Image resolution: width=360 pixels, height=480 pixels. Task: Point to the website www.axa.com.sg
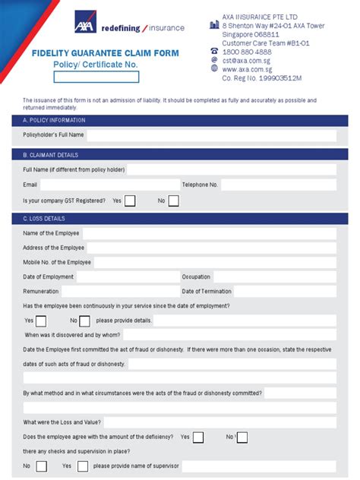[247, 68]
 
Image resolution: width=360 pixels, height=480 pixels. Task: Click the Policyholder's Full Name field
[211, 135]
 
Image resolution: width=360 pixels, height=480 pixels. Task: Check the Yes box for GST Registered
[130, 201]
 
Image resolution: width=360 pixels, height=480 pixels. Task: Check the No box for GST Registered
[173, 201]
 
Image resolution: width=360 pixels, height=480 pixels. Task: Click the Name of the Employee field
[209, 233]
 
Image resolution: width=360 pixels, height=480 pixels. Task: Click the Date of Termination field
[285, 292]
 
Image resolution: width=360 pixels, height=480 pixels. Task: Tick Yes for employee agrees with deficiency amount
[198, 437]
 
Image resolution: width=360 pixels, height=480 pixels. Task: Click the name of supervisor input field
[258, 466]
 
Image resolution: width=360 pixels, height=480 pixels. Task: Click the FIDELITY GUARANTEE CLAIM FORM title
[94, 53]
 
